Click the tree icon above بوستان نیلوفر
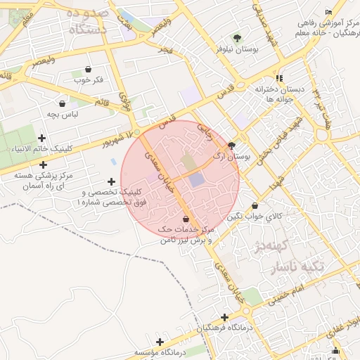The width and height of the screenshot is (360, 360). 236,38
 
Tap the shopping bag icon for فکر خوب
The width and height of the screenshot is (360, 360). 88,69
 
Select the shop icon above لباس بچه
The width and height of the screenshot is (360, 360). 63,103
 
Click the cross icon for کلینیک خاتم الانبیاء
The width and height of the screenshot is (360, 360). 41,139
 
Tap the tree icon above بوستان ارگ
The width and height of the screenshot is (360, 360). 232,145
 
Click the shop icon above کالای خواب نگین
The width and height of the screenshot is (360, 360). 254,206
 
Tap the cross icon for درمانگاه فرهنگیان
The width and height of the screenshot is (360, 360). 224,318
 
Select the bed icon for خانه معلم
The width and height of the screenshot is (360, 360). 328,12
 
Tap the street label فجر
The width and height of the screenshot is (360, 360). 165,50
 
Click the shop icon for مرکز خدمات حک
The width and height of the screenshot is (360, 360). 185,219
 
